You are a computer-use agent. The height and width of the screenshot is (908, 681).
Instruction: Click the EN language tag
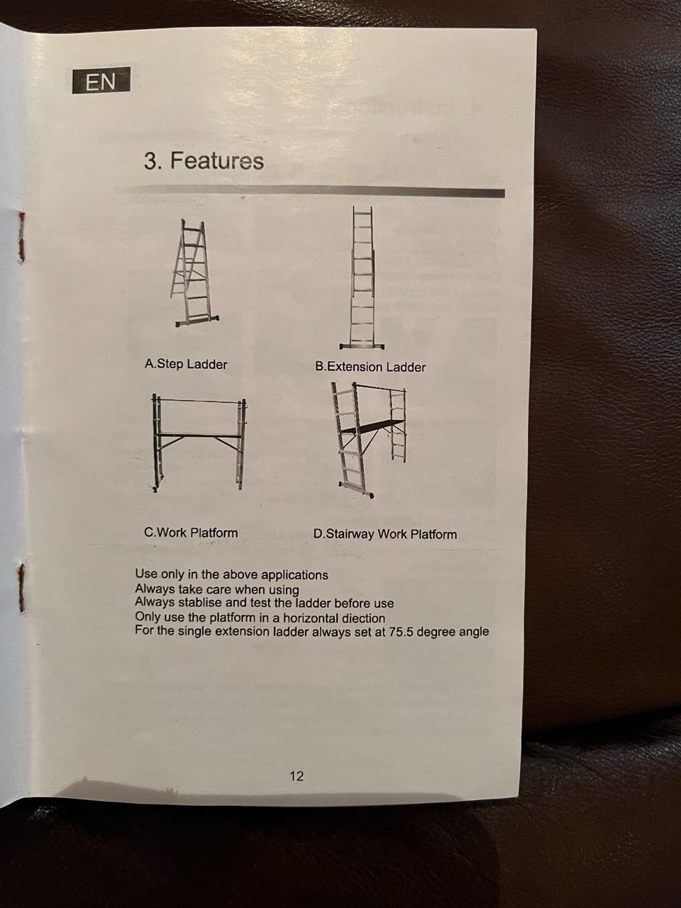coord(101,80)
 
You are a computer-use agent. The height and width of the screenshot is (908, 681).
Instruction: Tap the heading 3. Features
coord(204,160)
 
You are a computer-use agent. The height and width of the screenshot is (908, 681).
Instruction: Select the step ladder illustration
coord(194,273)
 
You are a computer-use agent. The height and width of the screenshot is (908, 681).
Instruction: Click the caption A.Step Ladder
coord(186,365)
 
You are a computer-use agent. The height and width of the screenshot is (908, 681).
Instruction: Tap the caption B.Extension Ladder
coord(370,367)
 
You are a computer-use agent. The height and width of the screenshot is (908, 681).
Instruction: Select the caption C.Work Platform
coord(191,533)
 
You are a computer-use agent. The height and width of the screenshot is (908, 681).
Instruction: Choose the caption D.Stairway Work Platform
coord(385,534)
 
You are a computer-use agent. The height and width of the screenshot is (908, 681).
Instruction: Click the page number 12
coord(297,776)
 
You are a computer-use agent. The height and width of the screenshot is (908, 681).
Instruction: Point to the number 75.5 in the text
coord(401,632)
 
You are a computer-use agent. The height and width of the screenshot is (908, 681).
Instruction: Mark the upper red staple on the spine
coord(21,236)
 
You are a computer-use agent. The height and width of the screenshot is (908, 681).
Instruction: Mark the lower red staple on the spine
coord(21,588)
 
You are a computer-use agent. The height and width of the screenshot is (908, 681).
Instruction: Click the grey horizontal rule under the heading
coord(310,192)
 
